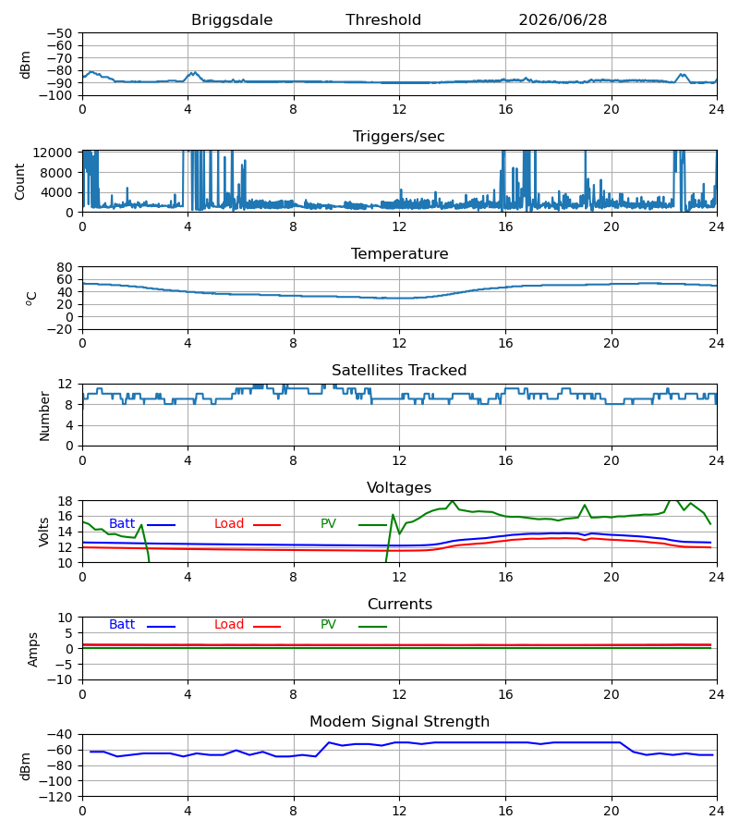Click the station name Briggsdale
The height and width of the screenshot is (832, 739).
click(x=232, y=20)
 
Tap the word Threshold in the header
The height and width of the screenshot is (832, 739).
click(x=383, y=20)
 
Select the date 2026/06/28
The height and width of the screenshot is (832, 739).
click(x=563, y=20)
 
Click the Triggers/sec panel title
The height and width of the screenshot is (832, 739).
click(x=399, y=137)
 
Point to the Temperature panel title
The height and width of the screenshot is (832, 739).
click(x=399, y=253)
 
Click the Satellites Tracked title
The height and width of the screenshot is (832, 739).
click(x=399, y=371)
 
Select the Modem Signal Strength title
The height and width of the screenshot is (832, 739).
click(x=399, y=722)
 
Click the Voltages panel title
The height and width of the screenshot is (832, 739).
click(x=399, y=487)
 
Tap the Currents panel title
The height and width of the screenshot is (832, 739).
click(x=400, y=605)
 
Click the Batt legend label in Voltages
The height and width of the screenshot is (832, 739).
click(x=122, y=524)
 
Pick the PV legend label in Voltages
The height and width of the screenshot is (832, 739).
click(x=328, y=524)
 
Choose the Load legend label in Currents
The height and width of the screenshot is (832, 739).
click(x=228, y=625)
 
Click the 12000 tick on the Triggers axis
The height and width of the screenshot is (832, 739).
click(x=53, y=153)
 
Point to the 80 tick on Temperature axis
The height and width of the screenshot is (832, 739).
click(x=65, y=267)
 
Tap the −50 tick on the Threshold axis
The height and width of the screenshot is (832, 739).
click(x=59, y=33)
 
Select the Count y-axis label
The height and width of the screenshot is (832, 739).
click(x=20, y=181)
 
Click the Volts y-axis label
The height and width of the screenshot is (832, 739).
click(x=43, y=532)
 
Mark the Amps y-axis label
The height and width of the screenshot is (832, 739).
click(x=33, y=650)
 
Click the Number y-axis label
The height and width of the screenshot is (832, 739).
click(x=44, y=416)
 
